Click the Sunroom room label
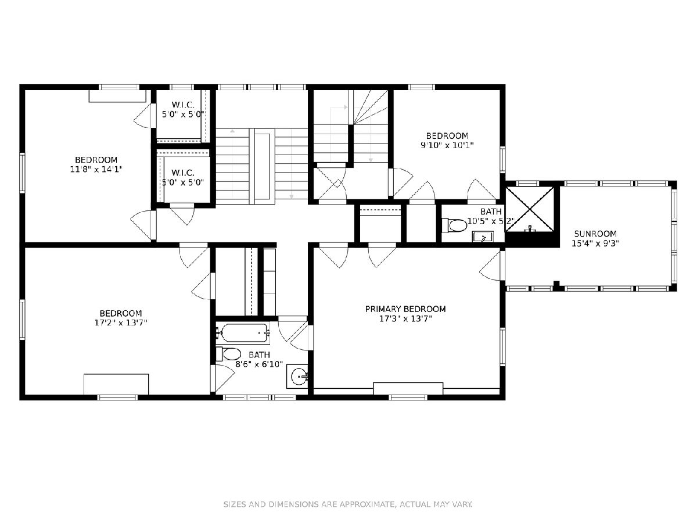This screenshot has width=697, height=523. pyautogui.click(x=595, y=234)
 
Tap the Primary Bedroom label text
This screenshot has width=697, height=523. pyautogui.click(x=405, y=309)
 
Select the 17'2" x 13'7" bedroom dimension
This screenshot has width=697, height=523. pyautogui.click(x=121, y=323)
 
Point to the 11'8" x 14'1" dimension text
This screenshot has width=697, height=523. pyautogui.click(x=96, y=169)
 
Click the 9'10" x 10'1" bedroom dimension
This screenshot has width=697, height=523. pyautogui.click(x=447, y=145)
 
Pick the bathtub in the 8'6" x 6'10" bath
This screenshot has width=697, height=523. pyautogui.click(x=244, y=333)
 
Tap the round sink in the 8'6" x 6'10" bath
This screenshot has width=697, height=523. pyautogui.click(x=299, y=377)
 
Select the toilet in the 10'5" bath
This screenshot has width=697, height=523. pyautogui.click(x=455, y=225)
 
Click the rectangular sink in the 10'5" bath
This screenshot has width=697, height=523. pyautogui.click(x=483, y=237)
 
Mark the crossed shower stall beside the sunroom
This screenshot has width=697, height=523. pyautogui.click(x=530, y=209)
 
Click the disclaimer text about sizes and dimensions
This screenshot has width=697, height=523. pyautogui.click(x=348, y=504)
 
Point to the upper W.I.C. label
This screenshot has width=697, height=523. pyautogui.click(x=183, y=105)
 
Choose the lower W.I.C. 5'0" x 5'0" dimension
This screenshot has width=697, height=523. pyautogui.click(x=183, y=182)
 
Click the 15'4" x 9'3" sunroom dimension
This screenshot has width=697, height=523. pyautogui.click(x=595, y=243)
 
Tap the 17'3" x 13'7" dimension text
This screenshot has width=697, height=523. pyautogui.click(x=406, y=318)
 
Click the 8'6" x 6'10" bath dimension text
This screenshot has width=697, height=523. pyautogui.click(x=259, y=364)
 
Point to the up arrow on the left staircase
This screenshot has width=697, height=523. pyautogui.click(x=233, y=131)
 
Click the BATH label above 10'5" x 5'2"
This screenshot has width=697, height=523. pyautogui.click(x=491, y=212)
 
